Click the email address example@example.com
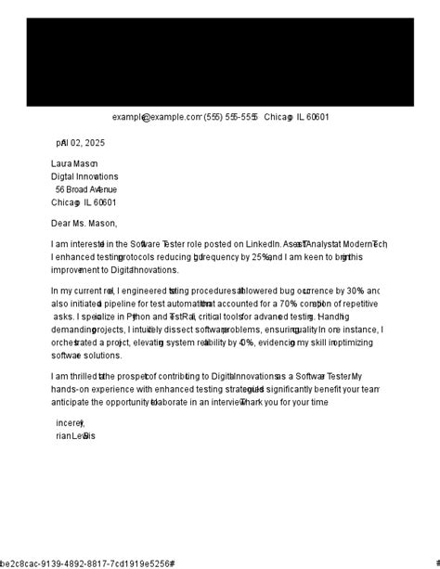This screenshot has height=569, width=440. pos(157,117)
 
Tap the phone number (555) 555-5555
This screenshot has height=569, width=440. pos(230,117)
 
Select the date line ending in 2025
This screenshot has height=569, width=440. pos(81,143)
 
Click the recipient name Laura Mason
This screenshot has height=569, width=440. pos(74,163)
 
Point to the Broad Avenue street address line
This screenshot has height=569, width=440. pos(85,189)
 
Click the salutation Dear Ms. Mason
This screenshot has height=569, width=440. pos(84,223)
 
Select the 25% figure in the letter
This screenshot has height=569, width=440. pos(262,257)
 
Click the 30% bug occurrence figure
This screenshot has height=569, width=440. pos(354,291)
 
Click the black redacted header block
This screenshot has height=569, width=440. pos(220,62)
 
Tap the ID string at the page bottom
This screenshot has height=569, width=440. pos(87,563)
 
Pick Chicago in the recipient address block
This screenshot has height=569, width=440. pos(66,202)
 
